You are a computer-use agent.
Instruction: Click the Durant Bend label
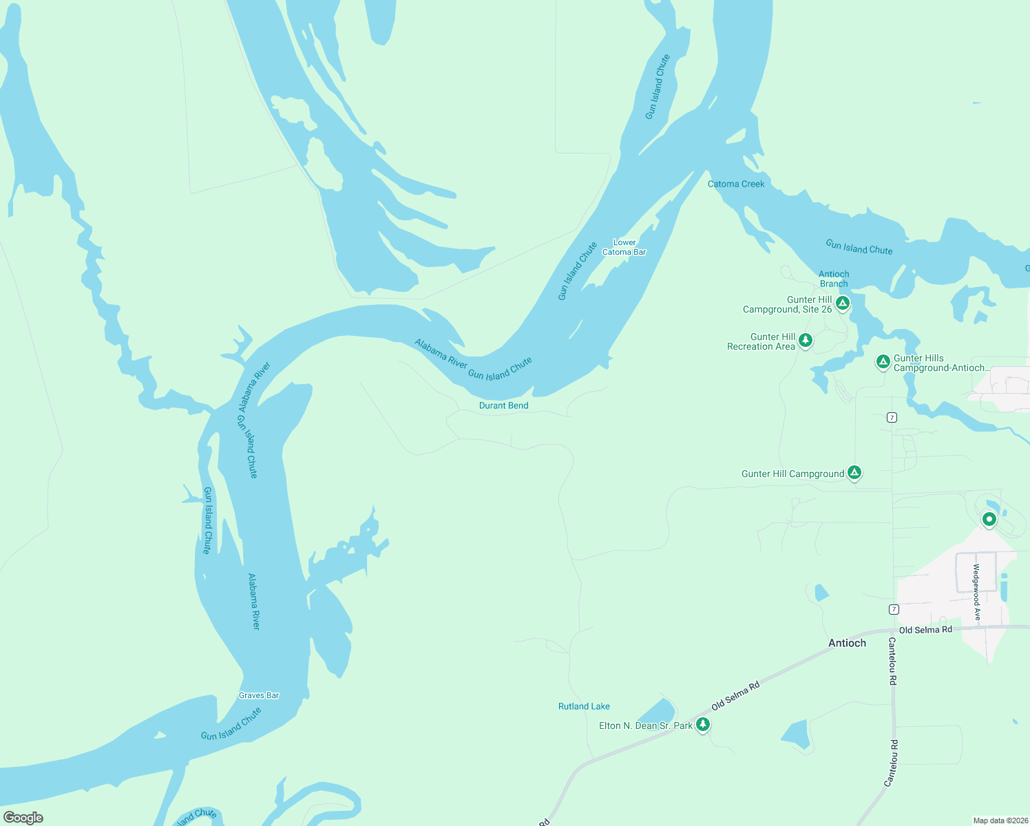click(x=503, y=405)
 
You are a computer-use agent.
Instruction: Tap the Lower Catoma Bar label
click(x=624, y=247)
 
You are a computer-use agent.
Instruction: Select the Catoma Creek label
click(x=736, y=184)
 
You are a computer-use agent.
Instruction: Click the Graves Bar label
click(x=259, y=695)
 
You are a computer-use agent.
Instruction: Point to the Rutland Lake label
click(x=584, y=706)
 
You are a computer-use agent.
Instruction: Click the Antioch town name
click(x=847, y=643)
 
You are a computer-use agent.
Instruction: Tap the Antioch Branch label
click(x=834, y=279)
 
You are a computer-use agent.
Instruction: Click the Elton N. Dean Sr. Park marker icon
click(x=703, y=724)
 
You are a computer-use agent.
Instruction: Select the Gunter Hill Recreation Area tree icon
click(x=805, y=340)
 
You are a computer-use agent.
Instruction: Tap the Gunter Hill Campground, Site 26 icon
click(x=842, y=303)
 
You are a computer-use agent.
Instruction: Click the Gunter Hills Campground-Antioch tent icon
click(x=883, y=361)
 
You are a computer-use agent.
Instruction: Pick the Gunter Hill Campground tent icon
click(x=854, y=472)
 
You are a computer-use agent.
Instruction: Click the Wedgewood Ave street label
click(x=976, y=592)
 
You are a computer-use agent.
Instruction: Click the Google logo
click(x=23, y=818)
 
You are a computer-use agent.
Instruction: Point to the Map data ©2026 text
click(x=1000, y=820)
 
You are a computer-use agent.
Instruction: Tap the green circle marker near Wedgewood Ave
click(x=989, y=519)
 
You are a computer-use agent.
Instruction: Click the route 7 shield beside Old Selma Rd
click(x=894, y=609)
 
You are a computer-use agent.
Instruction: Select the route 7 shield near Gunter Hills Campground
click(x=892, y=417)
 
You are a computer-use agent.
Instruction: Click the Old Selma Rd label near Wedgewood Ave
click(x=925, y=630)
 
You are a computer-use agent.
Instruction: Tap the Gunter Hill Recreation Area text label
click(x=761, y=341)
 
